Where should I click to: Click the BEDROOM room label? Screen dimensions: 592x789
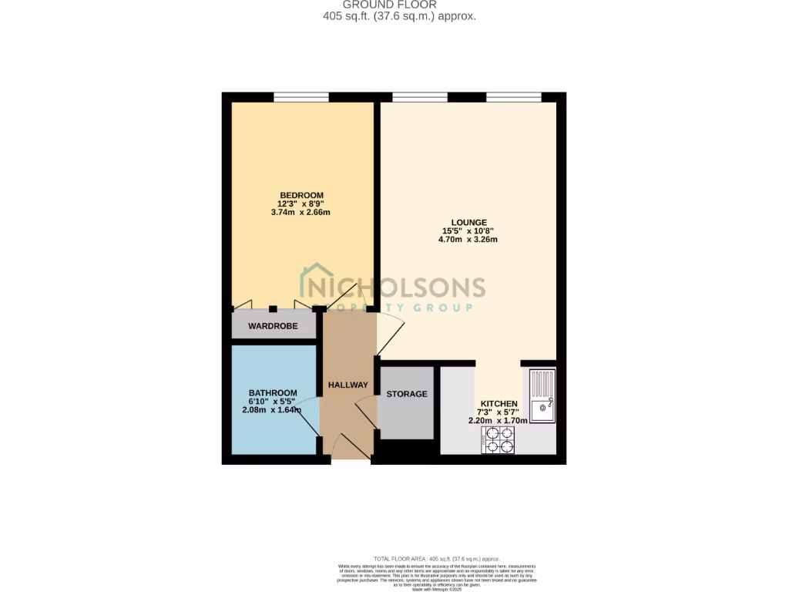click(x=301, y=195)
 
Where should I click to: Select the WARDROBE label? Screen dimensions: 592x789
click(x=273, y=326)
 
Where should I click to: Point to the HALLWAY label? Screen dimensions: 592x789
click(x=348, y=385)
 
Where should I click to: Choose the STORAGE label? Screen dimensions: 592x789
click(x=407, y=394)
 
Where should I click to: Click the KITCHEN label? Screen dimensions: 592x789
click(x=499, y=404)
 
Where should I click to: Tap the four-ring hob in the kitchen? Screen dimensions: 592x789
click(x=498, y=439)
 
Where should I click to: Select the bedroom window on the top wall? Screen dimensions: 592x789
click(x=301, y=96)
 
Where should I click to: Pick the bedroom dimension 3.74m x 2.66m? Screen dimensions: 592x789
click(x=301, y=212)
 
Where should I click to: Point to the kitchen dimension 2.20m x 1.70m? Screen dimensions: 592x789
click(x=498, y=421)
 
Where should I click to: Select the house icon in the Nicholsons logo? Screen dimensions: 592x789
click(x=316, y=281)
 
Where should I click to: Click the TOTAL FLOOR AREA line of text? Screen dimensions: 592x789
click(x=437, y=559)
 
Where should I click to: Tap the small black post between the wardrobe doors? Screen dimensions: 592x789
click(x=273, y=308)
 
